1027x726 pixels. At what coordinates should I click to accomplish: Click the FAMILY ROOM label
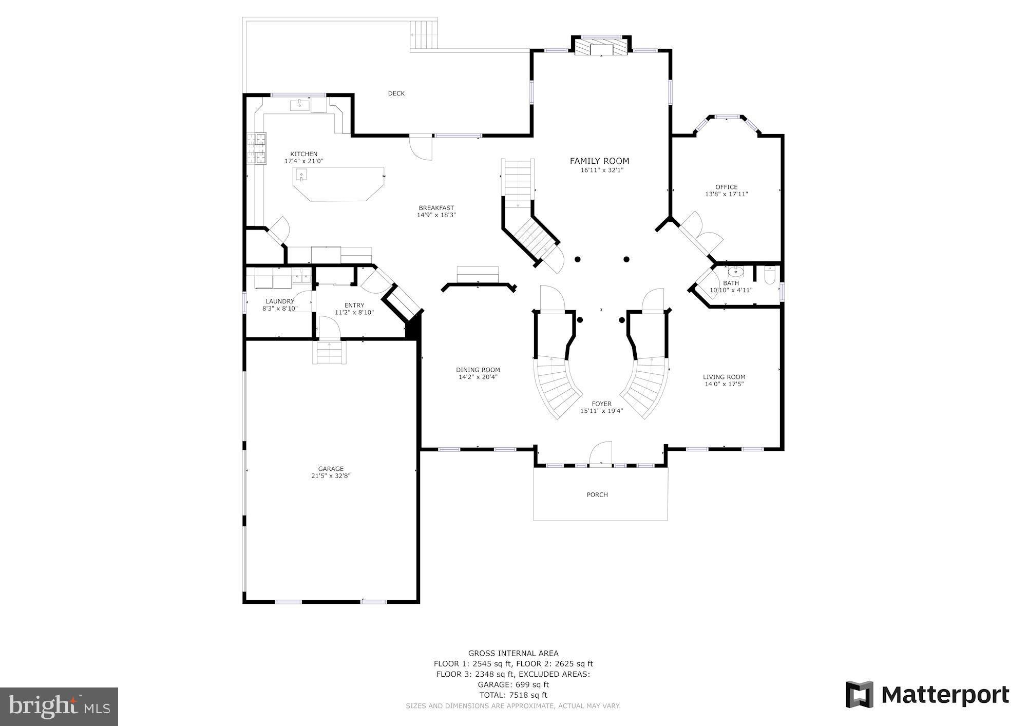click(599, 161)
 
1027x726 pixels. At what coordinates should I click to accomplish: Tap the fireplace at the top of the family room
click(601, 49)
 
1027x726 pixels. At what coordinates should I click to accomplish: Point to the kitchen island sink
click(301, 176)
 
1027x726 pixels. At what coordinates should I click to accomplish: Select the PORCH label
click(597, 495)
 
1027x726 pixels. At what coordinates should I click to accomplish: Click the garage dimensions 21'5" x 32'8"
click(331, 476)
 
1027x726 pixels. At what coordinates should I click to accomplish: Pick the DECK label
click(396, 93)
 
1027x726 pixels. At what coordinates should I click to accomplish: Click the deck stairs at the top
click(424, 34)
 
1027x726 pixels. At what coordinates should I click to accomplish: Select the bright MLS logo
click(60, 707)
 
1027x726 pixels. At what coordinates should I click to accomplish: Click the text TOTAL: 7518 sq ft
click(513, 695)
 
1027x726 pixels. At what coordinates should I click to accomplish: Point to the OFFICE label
click(726, 187)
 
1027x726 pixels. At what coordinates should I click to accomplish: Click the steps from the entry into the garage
click(329, 352)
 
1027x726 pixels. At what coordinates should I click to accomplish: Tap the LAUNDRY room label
click(280, 301)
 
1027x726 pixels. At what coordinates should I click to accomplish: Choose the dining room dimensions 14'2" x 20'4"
click(478, 377)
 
